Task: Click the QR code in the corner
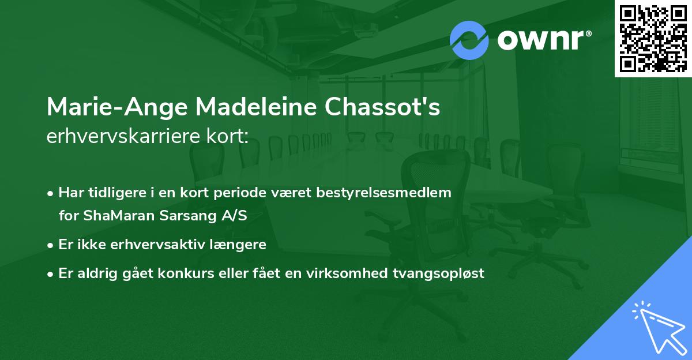click(x=653, y=38)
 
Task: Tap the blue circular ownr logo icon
click(x=469, y=40)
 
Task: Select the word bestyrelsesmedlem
click(x=397, y=193)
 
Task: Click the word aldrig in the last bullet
click(x=93, y=273)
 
